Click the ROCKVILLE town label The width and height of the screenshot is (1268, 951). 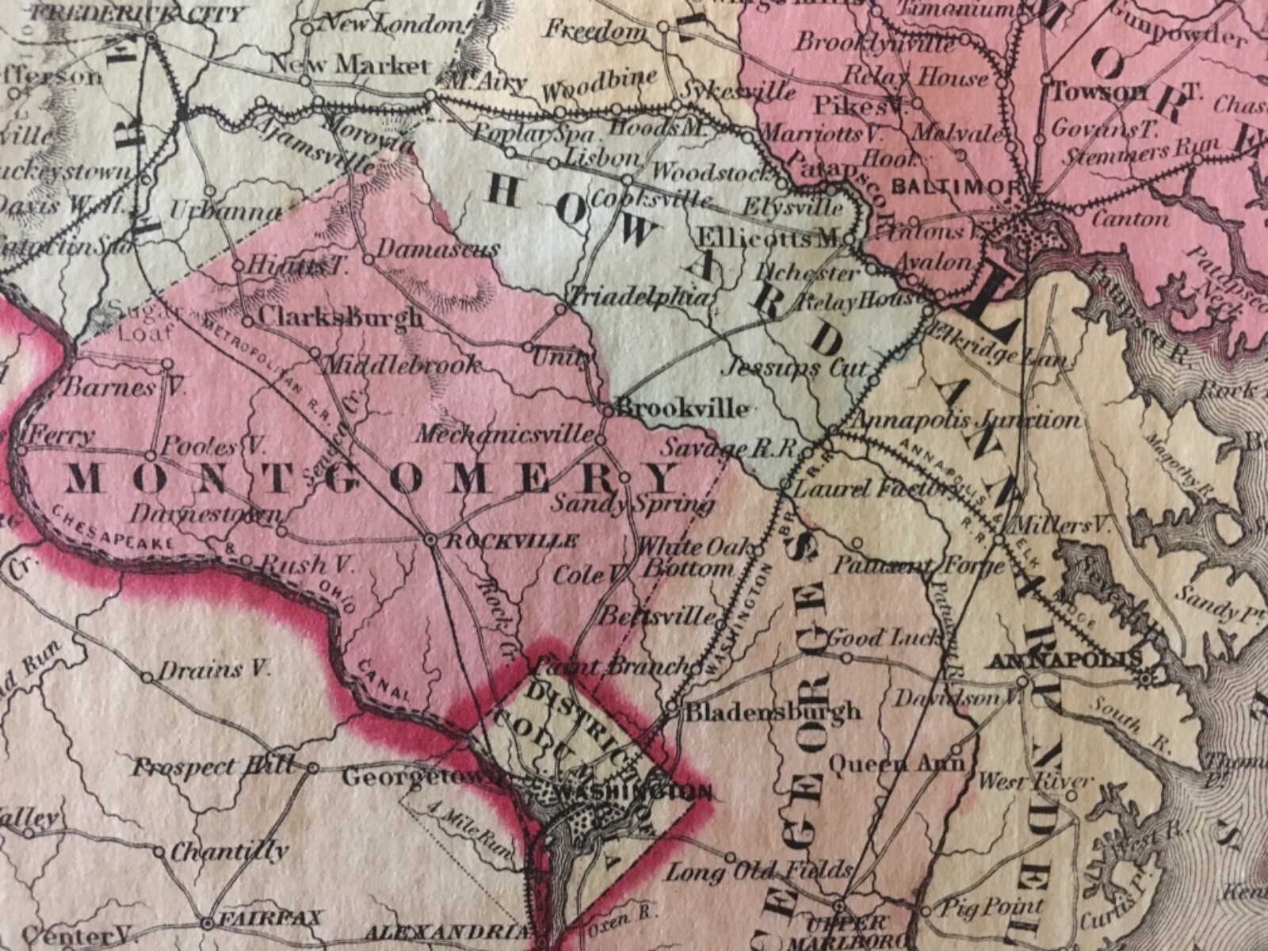(x=511, y=541)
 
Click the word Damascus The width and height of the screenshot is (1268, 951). (x=438, y=248)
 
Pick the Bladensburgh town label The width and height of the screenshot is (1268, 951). (x=773, y=711)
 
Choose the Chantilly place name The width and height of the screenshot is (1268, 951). (x=230, y=852)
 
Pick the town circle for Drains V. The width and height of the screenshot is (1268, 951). (x=147, y=677)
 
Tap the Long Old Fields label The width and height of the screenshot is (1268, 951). (x=758, y=871)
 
